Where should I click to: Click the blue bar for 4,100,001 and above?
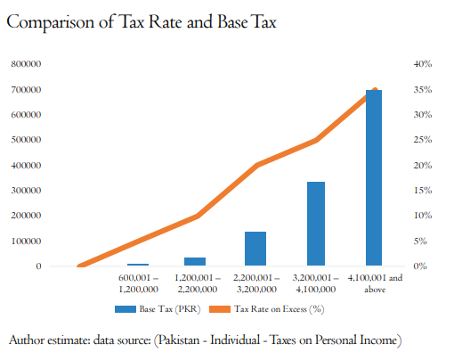pos(374,177)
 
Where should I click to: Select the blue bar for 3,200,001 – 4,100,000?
pos(316,224)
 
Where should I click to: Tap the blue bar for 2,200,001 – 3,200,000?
pos(255,249)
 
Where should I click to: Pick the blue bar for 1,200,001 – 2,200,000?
pos(195,261)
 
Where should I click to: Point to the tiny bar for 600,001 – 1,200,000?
pos(138,265)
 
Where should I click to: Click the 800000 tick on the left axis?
pos(26,64)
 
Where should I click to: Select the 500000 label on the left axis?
pos(26,140)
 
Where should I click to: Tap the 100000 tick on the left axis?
pos(26,241)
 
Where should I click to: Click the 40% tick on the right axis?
pos(423,64)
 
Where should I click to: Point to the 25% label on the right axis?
pos(423,140)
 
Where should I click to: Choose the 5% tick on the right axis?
pos(420,241)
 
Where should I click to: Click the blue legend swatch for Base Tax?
pos(126,309)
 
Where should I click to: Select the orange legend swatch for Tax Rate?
pos(220,309)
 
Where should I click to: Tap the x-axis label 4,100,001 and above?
pos(375,283)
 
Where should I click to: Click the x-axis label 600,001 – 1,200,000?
pos(138,283)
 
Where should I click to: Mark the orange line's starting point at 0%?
pos(80,266)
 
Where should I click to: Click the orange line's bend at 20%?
pos(257,165)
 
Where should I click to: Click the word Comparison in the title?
pos(50,22)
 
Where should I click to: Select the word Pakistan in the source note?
pos(179,340)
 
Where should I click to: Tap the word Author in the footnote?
pos(27,340)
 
